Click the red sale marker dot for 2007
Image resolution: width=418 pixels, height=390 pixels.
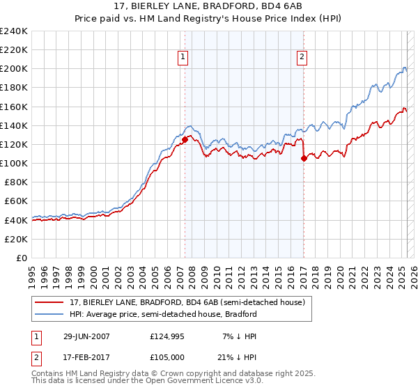coord(185,139)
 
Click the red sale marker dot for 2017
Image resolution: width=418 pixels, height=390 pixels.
coord(304,158)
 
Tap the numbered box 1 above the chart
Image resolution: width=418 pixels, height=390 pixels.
coord(183,58)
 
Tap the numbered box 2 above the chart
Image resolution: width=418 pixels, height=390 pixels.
coord(302,58)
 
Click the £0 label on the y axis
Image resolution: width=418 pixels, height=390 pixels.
coord(22,258)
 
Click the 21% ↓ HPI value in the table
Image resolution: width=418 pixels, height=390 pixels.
coord(238,358)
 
